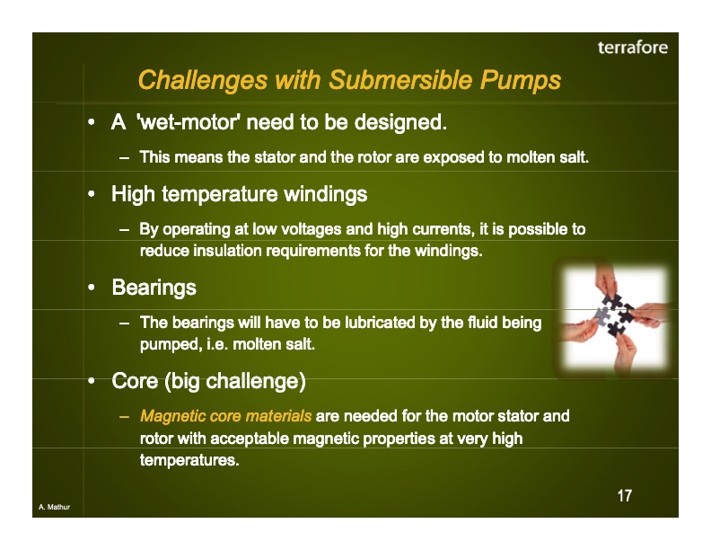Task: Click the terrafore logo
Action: tap(633, 48)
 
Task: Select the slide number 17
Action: tap(624, 496)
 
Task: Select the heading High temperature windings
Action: tap(239, 193)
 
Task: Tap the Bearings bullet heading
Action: tap(154, 288)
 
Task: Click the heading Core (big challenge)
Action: tap(208, 381)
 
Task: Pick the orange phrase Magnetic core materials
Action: tap(226, 416)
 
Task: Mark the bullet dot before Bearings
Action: tap(92, 288)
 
